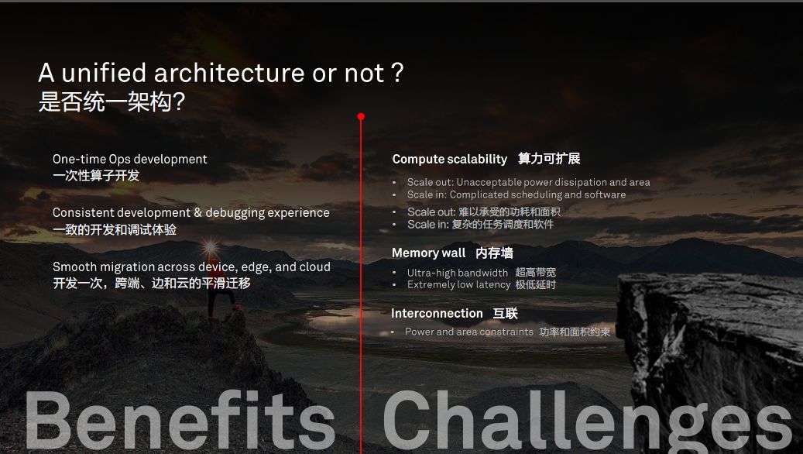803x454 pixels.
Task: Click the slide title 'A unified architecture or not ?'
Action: pyautogui.click(x=221, y=73)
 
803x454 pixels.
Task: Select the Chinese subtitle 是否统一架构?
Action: pyautogui.click(x=112, y=101)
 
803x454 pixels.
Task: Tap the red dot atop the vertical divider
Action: pyautogui.click(x=361, y=116)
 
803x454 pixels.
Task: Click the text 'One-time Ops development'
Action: pyautogui.click(x=129, y=159)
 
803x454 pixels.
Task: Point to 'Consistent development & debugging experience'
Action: pyautogui.click(x=191, y=212)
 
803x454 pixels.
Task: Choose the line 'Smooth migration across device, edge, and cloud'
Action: pyautogui.click(x=191, y=267)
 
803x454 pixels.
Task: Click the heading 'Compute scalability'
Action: pyautogui.click(x=450, y=159)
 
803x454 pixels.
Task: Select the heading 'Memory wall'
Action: pyautogui.click(x=429, y=253)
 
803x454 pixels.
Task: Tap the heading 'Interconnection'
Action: pyautogui.click(x=437, y=313)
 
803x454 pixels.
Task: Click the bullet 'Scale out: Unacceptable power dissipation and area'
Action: pyautogui.click(x=529, y=182)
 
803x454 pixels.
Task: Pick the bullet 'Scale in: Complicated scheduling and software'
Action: pyautogui.click(x=516, y=194)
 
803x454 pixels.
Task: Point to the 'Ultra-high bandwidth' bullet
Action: pyautogui.click(x=458, y=273)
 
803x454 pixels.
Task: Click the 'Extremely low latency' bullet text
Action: pyautogui.click(x=459, y=284)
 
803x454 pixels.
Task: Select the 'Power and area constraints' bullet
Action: pyautogui.click(x=469, y=332)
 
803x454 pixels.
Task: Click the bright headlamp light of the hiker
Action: pyautogui.click(x=210, y=248)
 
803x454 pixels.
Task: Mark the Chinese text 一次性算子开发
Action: pyautogui.click(x=96, y=175)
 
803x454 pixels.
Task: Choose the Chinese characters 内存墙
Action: pyautogui.click(x=494, y=253)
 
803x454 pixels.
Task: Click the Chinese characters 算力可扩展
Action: pyautogui.click(x=549, y=159)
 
